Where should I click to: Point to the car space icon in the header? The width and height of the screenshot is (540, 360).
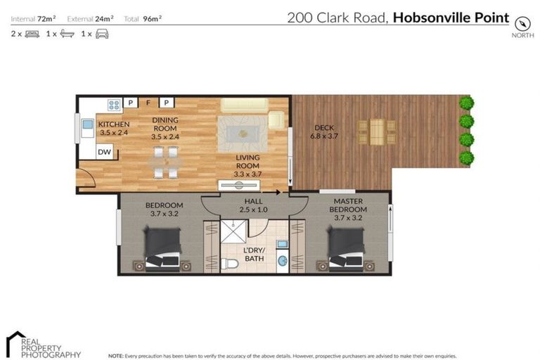tap(102, 33)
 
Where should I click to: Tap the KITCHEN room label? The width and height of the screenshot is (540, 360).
tap(113, 124)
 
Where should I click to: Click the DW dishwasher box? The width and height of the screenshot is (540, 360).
tap(104, 151)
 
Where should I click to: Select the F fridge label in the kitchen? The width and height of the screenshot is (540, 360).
tap(148, 103)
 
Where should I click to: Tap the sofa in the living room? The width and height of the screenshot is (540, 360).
tap(243, 105)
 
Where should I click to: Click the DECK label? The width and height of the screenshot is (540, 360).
tap(323, 127)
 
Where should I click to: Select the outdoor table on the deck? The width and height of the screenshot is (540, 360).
tap(377, 131)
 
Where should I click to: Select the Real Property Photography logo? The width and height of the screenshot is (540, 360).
tap(42, 345)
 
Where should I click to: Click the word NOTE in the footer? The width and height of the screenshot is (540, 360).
tap(116, 356)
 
